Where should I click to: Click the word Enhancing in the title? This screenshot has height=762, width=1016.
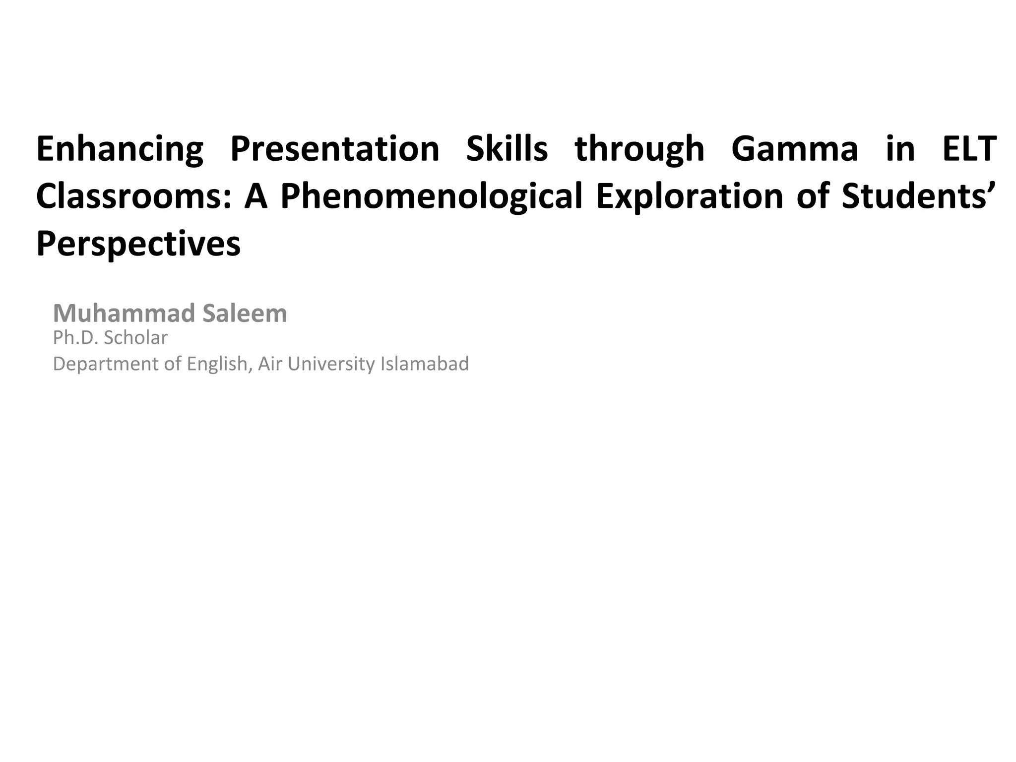120,149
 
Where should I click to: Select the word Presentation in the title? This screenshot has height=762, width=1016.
335,149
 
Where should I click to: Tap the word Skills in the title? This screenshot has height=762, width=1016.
507,149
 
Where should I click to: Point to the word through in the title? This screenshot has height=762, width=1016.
639,149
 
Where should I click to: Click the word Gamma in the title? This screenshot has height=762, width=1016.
795,149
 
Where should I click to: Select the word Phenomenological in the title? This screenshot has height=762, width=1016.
431,196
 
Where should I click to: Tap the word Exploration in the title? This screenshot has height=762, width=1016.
689,196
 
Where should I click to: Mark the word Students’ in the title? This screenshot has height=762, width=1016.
911,196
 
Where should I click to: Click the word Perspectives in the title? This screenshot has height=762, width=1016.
138,244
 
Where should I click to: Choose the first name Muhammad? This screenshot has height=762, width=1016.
124,314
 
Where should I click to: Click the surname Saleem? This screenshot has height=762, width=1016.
245,314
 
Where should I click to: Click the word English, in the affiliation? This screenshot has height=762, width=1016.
217,364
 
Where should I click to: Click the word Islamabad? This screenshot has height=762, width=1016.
425,364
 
